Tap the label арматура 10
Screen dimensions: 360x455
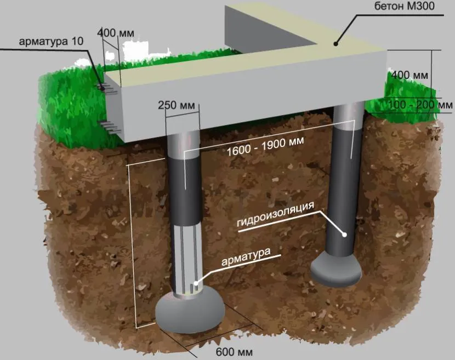50,41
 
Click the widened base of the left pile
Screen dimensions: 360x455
189,310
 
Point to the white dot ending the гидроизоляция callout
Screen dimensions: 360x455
345,235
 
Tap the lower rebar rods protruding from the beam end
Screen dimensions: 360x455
110,126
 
